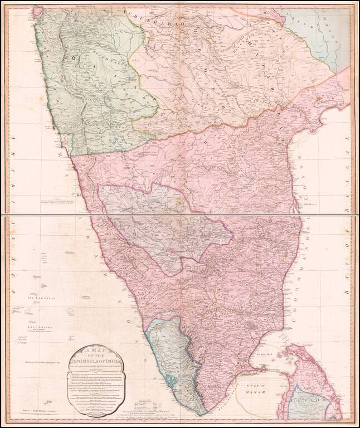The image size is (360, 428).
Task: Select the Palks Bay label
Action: pyautogui.click(x=261, y=353)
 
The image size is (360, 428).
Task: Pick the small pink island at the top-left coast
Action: pyautogui.click(x=38, y=10)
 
